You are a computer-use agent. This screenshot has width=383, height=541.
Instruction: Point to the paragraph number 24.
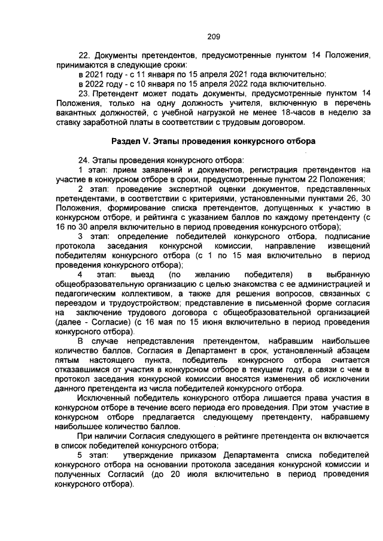pyautogui.click(x=84, y=160)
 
